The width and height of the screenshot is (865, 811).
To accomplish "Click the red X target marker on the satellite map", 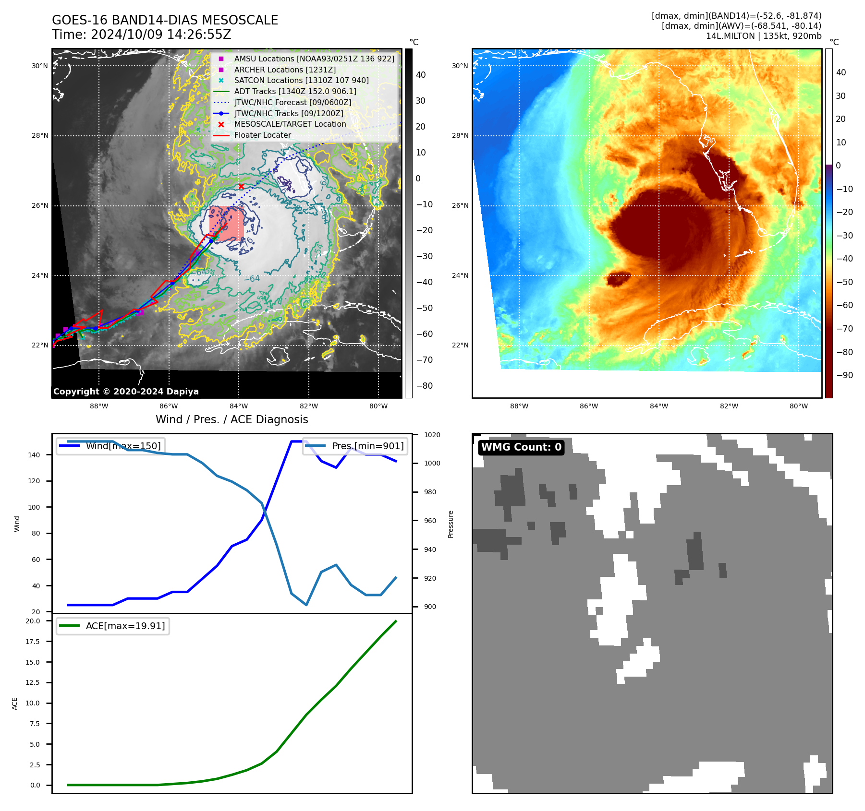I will click(x=241, y=186).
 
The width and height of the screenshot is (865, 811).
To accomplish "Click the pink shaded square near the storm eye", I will click(x=226, y=224).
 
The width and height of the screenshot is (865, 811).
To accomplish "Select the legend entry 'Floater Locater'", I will click(x=262, y=135).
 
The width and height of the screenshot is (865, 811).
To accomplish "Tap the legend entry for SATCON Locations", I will click(x=301, y=81).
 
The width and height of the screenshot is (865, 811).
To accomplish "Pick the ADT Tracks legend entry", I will click(x=295, y=91).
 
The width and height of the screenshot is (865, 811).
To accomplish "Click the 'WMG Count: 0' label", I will click(x=521, y=447).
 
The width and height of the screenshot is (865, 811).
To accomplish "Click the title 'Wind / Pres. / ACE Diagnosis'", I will click(x=231, y=419).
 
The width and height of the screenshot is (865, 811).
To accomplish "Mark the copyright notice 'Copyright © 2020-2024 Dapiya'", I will click(x=126, y=392).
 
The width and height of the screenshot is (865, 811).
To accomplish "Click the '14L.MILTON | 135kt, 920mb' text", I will click(x=763, y=36).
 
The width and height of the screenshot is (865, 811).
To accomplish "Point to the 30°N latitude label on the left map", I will click(x=40, y=66).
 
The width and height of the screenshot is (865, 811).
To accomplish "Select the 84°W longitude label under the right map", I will click(x=658, y=406).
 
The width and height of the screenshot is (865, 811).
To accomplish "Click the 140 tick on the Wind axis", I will click(x=34, y=455).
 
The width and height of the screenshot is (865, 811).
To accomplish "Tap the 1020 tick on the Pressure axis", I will click(x=432, y=435).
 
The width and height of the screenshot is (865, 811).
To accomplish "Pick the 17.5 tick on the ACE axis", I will click(x=33, y=642).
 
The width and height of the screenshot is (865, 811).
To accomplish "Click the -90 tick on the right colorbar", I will click(x=844, y=375).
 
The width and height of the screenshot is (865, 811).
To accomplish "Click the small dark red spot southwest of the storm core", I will click(x=618, y=278).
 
